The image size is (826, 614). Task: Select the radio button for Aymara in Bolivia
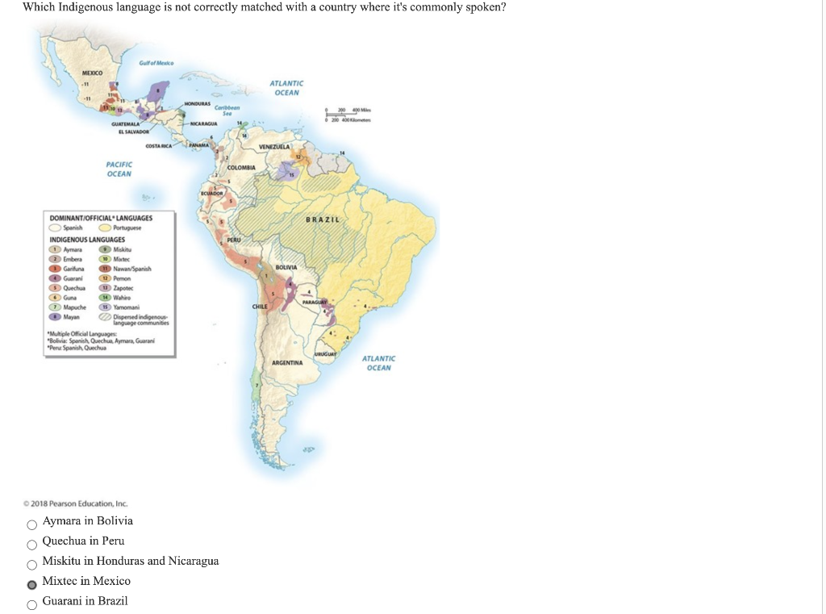32,522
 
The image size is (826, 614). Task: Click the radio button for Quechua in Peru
32,542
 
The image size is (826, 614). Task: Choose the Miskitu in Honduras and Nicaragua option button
32,562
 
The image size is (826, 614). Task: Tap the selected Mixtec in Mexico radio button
32,583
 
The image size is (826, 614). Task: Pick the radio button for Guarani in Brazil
32,603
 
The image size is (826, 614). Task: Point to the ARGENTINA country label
286,363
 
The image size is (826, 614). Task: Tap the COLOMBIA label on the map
242,167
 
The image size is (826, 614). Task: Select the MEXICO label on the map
94,74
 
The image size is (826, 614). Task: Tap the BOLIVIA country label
286,266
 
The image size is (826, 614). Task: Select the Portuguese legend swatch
106,228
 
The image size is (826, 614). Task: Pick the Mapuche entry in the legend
74,307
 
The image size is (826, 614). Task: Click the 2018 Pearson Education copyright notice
71,503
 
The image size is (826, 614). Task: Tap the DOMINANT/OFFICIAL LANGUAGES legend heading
101,218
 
